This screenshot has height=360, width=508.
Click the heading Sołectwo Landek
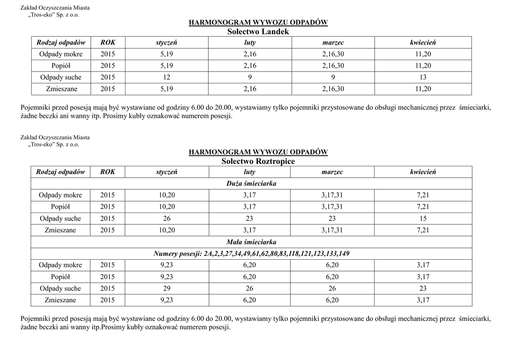(x=258, y=32)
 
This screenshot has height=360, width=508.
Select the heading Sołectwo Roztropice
(x=258, y=161)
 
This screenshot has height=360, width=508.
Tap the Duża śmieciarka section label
(x=252, y=184)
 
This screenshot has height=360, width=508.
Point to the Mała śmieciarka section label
(x=252, y=242)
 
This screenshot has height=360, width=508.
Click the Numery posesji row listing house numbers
(x=252, y=254)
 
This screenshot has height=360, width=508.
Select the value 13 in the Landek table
(x=423, y=77)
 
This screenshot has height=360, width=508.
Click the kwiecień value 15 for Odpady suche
(x=423, y=218)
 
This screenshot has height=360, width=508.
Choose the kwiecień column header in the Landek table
(x=423, y=43)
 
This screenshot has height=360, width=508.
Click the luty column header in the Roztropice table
(x=250, y=172)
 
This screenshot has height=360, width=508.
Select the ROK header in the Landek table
(x=108, y=43)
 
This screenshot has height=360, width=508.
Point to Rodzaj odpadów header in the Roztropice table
(x=61, y=172)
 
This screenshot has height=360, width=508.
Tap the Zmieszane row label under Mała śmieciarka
(x=61, y=300)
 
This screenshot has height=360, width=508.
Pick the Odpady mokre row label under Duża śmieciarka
(x=61, y=195)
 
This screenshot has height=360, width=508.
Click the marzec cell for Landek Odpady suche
(x=333, y=77)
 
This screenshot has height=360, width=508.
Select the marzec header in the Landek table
(x=333, y=43)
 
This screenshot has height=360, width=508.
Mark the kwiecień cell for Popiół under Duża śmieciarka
(x=423, y=207)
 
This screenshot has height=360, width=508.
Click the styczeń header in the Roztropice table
(x=167, y=172)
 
